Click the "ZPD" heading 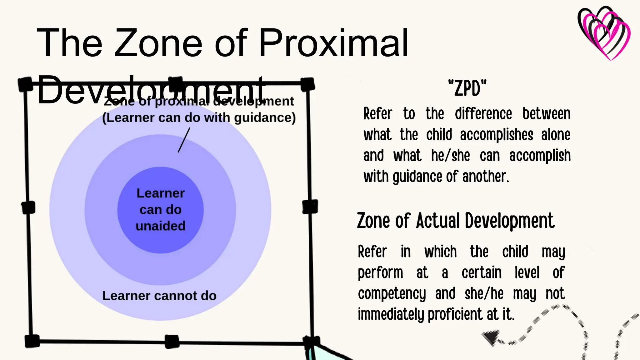point(467,88)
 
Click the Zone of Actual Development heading point(456,221)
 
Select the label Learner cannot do point(159,296)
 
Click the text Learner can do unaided point(161,210)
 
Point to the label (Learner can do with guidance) point(199,118)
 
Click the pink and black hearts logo point(604,32)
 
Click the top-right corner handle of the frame point(307,84)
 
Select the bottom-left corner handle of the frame point(32,341)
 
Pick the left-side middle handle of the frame point(28,207)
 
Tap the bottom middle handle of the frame point(172,342)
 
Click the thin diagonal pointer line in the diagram point(184,140)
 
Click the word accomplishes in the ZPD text point(497,135)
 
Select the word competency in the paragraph point(392,294)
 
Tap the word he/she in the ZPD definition point(450,156)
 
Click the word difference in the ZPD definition point(483,114)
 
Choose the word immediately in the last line point(391,314)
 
